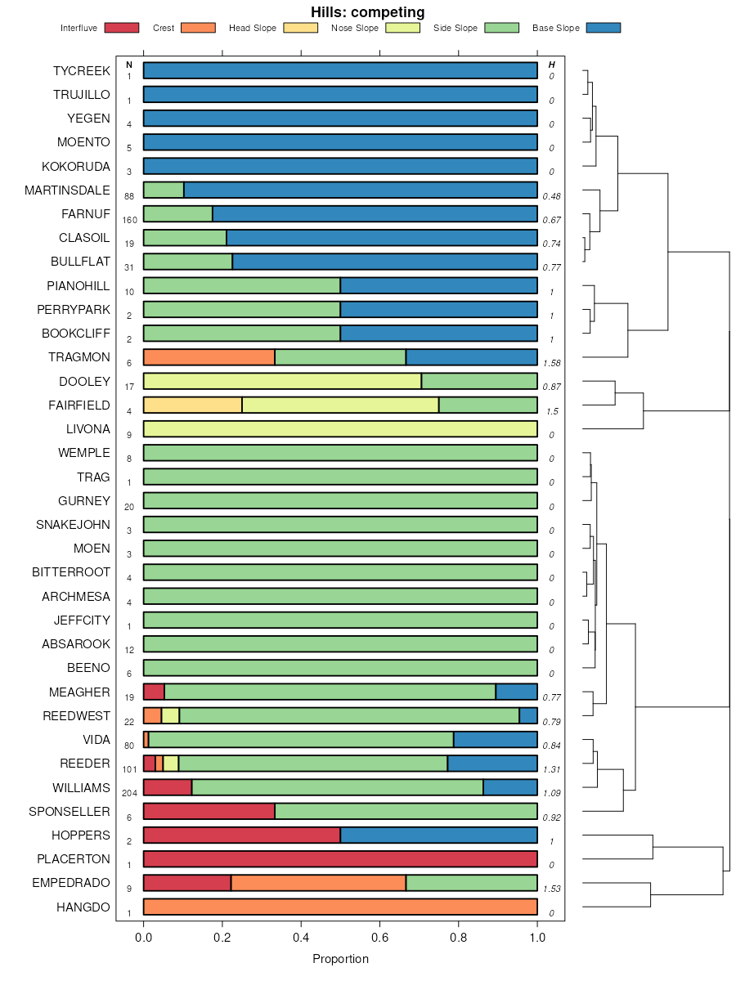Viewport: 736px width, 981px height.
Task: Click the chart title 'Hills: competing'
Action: point(367,12)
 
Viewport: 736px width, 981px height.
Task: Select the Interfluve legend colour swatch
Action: point(122,28)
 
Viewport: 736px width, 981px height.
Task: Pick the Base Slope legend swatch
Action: point(604,28)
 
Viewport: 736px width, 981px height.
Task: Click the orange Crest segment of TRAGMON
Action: point(209,357)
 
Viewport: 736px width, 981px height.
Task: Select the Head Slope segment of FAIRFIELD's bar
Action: point(192,405)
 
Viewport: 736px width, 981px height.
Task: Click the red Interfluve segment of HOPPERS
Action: point(241,835)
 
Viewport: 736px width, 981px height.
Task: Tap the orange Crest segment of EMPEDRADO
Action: point(318,883)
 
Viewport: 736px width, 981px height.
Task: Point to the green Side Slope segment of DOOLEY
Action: point(479,381)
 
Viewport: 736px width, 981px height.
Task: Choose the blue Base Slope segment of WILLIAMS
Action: point(510,787)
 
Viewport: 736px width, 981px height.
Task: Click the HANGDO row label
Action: point(83,907)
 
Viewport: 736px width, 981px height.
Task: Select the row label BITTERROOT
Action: point(71,572)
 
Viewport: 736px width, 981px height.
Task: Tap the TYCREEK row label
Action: point(81,71)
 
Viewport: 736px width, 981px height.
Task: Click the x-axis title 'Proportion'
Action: point(340,959)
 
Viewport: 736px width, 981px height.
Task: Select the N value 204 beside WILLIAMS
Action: point(129,793)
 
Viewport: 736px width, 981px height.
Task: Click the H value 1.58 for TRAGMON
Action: point(552,363)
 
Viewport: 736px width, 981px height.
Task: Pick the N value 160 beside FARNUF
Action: point(129,220)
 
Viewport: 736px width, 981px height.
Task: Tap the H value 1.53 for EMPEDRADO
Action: point(552,889)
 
